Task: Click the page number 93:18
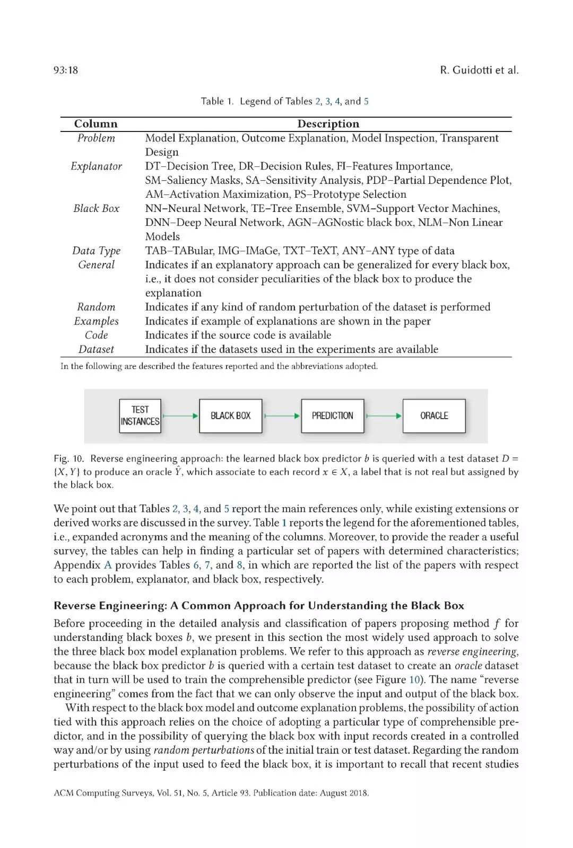click(x=66, y=70)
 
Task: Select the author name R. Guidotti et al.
click(x=479, y=70)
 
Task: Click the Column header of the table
click(x=95, y=124)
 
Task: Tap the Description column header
click(x=328, y=124)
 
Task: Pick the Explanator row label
click(x=96, y=166)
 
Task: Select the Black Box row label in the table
click(x=96, y=208)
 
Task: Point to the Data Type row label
click(x=96, y=251)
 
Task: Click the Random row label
click(x=96, y=307)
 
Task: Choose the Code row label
click(x=96, y=335)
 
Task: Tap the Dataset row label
click(x=96, y=349)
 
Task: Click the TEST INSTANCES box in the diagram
click(x=140, y=416)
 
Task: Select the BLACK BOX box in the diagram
click(x=230, y=416)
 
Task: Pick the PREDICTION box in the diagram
click(x=332, y=416)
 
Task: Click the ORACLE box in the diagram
click(x=434, y=416)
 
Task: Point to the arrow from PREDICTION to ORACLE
click(x=384, y=416)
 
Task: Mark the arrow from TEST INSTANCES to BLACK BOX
click(x=180, y=416)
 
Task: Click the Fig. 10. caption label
click(x=68, y=458)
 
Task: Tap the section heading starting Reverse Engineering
click(x=258, y=606)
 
